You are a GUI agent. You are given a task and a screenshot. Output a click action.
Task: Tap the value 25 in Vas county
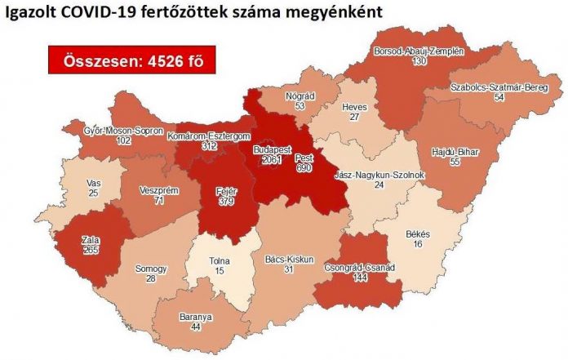[x=93, y=194]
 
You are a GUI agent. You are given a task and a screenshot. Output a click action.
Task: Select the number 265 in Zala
[x=91, y=251]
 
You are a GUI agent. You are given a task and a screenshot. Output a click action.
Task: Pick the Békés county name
[x=418, y=233]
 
